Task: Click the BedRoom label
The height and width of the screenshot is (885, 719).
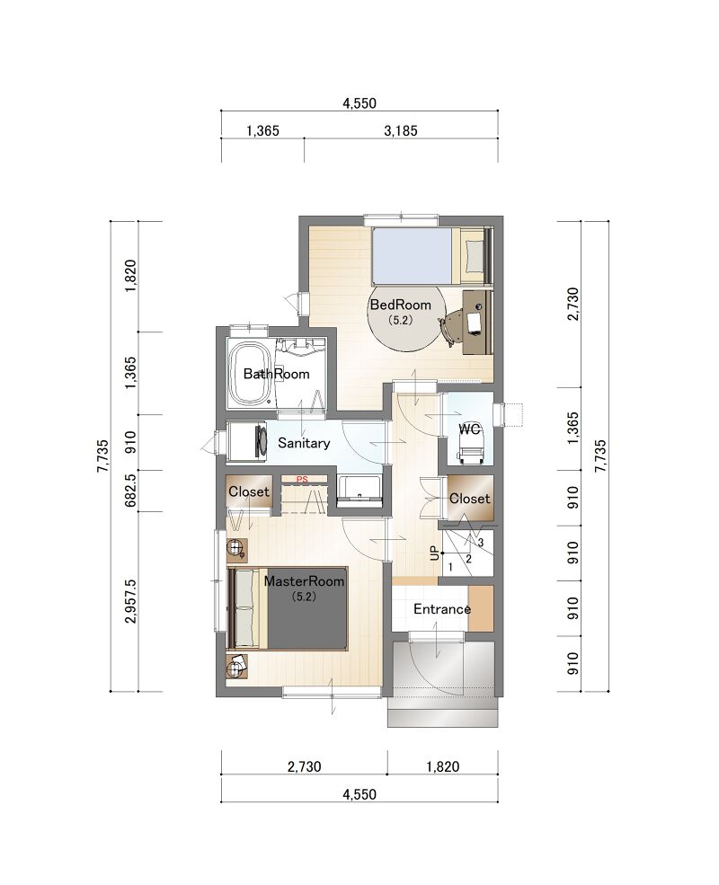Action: [x=400, y=305]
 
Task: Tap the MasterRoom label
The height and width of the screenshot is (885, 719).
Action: [x=304, y=580]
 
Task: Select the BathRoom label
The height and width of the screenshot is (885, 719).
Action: [x=276, y=374]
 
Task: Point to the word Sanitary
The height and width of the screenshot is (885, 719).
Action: [x=304, y=443]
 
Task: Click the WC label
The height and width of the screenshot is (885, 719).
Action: [x=469, y=429]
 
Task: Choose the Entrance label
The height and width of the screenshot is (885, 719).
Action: [x=442, y=609]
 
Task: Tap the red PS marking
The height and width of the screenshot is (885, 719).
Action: [x=303, y=480]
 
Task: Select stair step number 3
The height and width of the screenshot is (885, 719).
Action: [x=480, y=543]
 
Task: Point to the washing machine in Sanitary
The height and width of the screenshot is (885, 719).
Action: [x=249, y=441]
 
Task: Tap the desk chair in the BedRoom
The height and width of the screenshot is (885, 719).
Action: [x=451, y=328]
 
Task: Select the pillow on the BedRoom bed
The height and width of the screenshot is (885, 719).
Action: [x=474, y=256]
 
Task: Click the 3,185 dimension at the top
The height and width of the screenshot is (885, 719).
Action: [x=401, y=131]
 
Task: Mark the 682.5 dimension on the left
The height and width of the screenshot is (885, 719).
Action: [x=130, y=490]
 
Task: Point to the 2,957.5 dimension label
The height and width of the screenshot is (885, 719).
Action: [x=130, y=600]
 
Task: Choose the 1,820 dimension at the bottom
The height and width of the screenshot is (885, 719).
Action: [x=443, y=766]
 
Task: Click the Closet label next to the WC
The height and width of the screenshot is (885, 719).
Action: [x=469, y=499]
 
